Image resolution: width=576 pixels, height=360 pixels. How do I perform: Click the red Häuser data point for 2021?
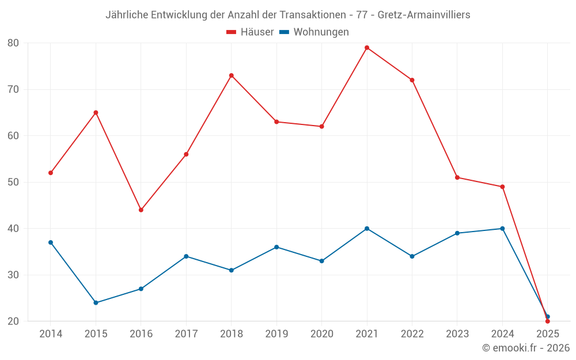(x=367, y=48)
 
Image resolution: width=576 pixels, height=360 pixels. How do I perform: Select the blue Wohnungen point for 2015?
(x=96, y=302)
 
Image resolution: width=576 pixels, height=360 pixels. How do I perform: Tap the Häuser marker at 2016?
(x=141, y=210)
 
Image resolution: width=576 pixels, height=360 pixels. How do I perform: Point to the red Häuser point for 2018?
(x=232, y=75)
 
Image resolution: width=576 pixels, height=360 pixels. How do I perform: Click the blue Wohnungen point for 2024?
(x=502, y=229)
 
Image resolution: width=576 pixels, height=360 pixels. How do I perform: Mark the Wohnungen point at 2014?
(x=51, y=242)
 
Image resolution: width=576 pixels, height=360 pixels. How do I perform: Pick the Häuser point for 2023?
(x=457, y=177)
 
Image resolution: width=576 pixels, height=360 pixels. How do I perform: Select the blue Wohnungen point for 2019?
(x=276, y=247)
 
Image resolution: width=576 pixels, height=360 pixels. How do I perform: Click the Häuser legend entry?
(x=250, y=32)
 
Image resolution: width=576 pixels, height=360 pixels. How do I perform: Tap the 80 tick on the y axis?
(x=13, y=43)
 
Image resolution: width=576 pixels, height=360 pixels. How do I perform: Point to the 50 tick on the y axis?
(x=13, y=182)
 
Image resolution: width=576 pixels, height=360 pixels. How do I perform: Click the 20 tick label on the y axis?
(x=13, y=321)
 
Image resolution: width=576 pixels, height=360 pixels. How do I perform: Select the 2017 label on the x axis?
(x=186, y=334)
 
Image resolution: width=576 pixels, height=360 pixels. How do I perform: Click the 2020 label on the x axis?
(x=322, y=334)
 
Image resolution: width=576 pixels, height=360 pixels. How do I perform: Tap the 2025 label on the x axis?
(x=548, y=334)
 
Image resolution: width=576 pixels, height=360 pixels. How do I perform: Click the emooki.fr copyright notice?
(x=525, y=348)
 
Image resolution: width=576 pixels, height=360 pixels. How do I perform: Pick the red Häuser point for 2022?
(x=412, y=80)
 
